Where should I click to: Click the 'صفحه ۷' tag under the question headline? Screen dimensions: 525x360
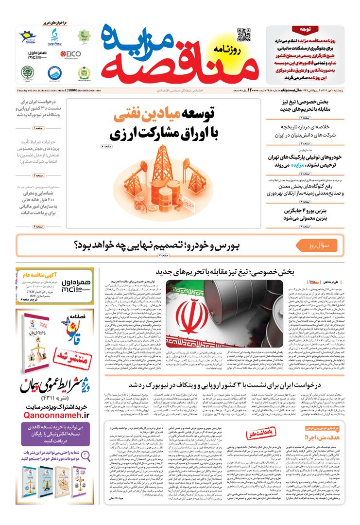point(162,255)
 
